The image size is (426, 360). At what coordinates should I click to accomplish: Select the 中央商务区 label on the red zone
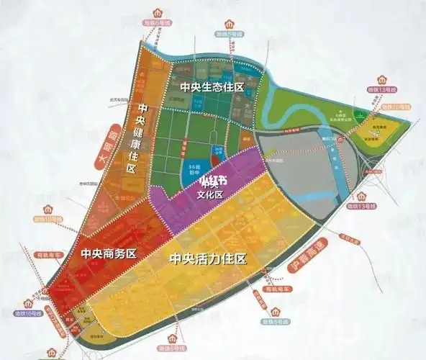109,253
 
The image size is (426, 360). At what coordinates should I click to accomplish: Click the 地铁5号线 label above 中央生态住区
228,32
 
